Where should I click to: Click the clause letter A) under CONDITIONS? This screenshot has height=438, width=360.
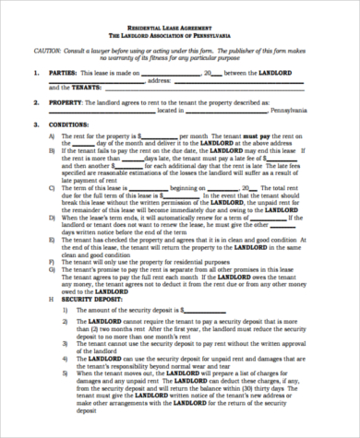click(52, 135)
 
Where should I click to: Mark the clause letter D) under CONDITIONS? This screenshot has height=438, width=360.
click(52, 217)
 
